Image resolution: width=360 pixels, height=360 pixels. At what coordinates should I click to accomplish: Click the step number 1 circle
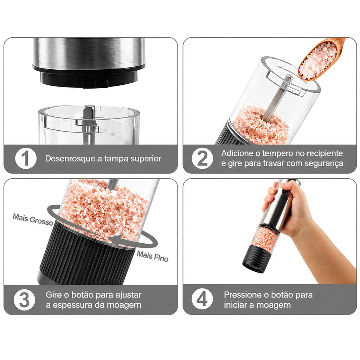click(x=26, y=159)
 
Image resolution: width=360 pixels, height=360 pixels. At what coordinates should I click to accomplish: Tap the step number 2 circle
click(x=202, y=159)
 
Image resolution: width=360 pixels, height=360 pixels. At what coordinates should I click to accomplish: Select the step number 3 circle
click(x=24, y=300)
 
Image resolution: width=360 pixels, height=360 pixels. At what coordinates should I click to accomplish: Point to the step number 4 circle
click(x=202, y=300)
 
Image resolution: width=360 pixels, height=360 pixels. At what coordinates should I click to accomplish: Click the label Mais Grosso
click(x=33, y=219)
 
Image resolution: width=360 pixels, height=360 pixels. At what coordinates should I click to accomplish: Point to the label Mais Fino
click(x=153, y=256)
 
